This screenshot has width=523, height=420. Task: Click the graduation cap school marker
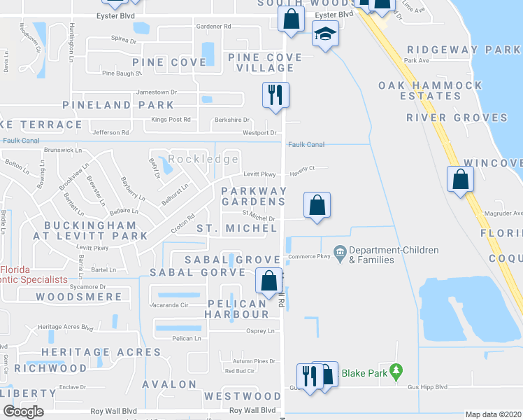click(324, 34)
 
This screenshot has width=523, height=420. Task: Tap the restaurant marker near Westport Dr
click(275, 93)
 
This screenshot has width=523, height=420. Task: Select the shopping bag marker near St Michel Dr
click(317, 205)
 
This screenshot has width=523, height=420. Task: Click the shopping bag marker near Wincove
click(460, 179)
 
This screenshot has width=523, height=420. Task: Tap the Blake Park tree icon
click(397, 370)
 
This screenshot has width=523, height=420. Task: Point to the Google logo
click(23, 412)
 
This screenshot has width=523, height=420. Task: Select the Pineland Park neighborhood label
click(118, 105)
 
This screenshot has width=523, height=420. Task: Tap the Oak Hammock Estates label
click(430, 90)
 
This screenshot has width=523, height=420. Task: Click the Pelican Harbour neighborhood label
click(236, 309)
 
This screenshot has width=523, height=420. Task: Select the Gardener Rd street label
click(213, 26)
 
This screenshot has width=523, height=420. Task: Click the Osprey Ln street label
click(260, 332)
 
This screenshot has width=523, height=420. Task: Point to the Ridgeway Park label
click(463, 50)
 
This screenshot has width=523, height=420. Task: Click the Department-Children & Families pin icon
click(340, 251)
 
